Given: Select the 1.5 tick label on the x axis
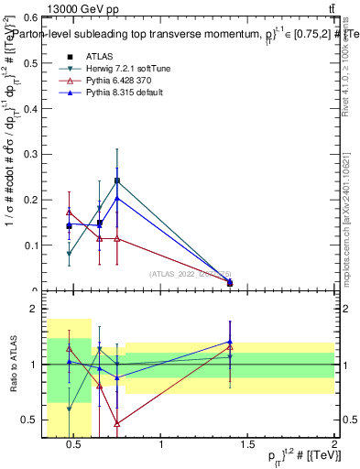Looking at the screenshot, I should click(247, 444).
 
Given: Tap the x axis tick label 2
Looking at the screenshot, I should click(334, 444).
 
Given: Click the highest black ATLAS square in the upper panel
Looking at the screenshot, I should click(117, 180).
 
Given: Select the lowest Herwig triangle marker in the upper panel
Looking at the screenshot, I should click(69, 254).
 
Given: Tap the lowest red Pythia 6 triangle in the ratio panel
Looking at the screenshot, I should click(117, 423).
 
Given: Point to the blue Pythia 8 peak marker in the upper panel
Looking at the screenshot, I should click(117, 198).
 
